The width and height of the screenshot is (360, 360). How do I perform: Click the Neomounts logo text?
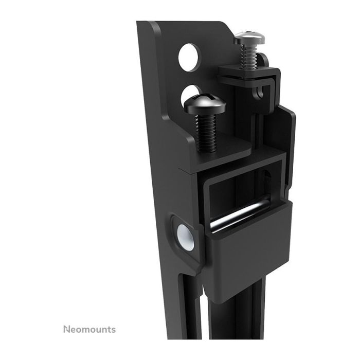point(89,329)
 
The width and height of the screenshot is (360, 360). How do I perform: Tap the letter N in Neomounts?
point(66,329)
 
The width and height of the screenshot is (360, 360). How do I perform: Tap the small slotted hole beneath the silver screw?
point(261,92)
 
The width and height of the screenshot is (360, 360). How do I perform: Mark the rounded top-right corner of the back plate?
point(226,26)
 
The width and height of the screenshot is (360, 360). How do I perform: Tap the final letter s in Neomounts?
point(113,329)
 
